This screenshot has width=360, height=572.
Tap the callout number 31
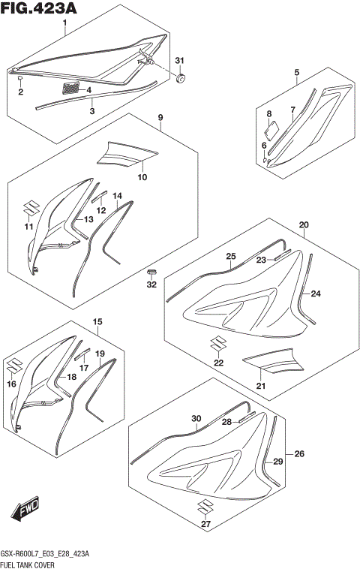[x=178, y=60]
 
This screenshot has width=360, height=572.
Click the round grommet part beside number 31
[x=181, y=77]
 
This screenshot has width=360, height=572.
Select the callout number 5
[x=296, y=73]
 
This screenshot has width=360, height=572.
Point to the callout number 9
[x=160, y=118]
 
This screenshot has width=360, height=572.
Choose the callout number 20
[x=304, y=224]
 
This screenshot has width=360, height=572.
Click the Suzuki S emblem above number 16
[x=12, y=367]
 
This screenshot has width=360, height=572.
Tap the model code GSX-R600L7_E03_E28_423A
[x=46, y=552]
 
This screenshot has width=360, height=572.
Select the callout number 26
[x=300, y=453]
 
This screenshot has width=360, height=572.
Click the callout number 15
[x=97, y=322]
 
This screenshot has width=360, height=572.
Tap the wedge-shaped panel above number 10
[x=127, y=153]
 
